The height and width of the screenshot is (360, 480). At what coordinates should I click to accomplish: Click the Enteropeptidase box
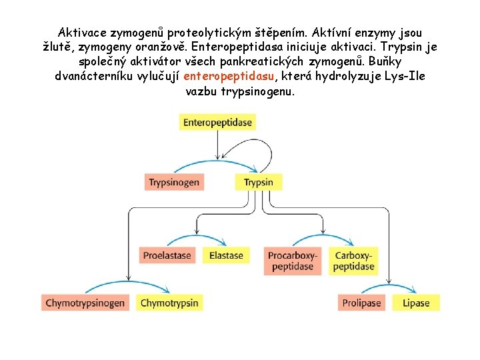tap(217, 122)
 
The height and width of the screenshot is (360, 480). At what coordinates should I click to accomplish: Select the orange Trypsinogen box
tap(174, 182)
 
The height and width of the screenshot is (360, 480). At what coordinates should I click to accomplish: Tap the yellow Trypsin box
tap(258, 182)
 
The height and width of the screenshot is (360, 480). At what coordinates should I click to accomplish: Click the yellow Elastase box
tap(226, 255)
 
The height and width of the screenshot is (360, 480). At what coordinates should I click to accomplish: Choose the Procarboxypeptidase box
tap(293, 261)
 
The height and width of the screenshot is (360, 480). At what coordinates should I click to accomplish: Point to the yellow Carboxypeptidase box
tap(354, 261)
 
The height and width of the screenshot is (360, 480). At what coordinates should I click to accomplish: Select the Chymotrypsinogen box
tap(85, 303)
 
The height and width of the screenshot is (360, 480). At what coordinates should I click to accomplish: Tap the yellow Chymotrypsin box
tap(169, 303)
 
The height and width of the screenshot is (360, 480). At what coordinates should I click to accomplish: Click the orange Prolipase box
tap(361, 303)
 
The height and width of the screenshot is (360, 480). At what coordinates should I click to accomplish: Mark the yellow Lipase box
tap(416, 303)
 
